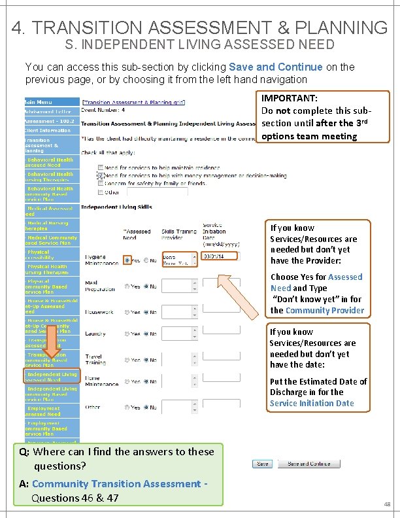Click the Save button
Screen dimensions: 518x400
(x=261, y=464)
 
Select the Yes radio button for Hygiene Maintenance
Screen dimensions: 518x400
(x=126, y=260)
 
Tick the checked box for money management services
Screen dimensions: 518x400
(x=100, y=175)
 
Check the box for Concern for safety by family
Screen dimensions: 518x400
(x=100, y=184)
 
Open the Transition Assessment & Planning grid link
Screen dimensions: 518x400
(x=133, y=102)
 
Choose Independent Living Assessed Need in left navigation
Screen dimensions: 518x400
(x=52, y=377)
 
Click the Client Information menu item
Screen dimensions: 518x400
(x=48, y=130)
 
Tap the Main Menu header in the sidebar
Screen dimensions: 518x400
(x=39, y=102)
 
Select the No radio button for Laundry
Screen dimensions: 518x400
(x=147, y=334)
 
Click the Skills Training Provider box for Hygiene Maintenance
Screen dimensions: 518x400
(x=178, y=259)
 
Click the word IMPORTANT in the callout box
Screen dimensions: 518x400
(x=290, y=97)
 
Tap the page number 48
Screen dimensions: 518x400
(x=387, y=504)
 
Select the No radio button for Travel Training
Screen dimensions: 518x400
(x=147, y=360)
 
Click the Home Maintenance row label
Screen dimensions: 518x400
(x=94, y=381)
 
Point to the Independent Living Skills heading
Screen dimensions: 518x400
(x=116, y=207)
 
